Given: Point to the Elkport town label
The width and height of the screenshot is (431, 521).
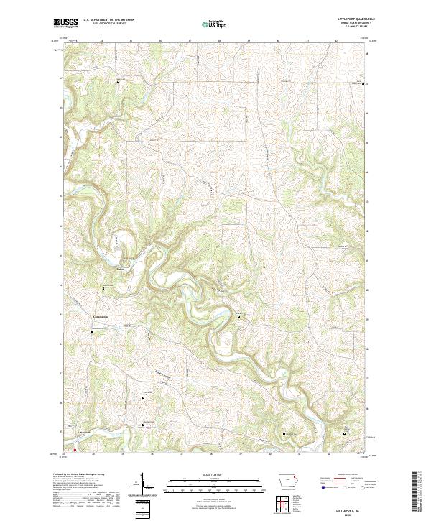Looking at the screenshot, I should tap(121, 271).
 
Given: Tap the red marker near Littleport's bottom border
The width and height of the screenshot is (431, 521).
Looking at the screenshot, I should tap(74, 451).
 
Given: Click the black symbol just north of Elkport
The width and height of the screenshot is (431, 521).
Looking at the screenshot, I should tap(124, 262).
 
